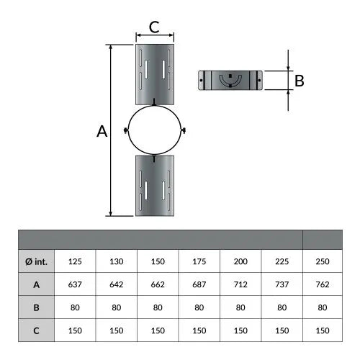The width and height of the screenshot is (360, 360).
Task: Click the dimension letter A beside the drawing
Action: click(x=102, y=131)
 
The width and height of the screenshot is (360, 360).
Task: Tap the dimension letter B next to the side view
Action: click(x=300, y=81)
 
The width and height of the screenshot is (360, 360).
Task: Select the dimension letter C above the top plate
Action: click(x=154, y=27)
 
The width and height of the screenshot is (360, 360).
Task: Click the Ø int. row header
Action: click(x=37, y=261)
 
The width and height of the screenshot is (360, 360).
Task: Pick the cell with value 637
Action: click(x=75, y=284)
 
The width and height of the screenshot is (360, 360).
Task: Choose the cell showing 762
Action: click(x=323, y=284)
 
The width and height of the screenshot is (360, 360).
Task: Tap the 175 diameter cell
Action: click(x=199, y=261)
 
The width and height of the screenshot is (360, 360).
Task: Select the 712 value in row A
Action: click(x=240, y=284)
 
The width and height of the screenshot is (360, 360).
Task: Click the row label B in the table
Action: click(x=37, y=307)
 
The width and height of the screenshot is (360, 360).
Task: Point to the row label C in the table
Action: click(x=37, y=330)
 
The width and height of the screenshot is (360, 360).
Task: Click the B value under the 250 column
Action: click(x=323, y=307)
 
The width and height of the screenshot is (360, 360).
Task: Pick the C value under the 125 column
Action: click(x=75, y=330)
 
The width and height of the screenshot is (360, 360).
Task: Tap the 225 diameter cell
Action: click(x=282, y=261)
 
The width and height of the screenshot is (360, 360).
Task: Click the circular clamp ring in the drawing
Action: click(x=128, y=130)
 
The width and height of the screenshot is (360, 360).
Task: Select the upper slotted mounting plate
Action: click(x=155, y=74)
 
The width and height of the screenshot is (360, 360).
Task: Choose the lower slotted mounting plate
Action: click(x=155, y=186)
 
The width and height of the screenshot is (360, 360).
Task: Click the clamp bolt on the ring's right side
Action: click(x=184, y=130)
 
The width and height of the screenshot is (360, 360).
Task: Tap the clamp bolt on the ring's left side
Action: click(x=126, y=130)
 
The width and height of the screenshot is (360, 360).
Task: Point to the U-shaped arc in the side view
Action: click(x=230, y=84)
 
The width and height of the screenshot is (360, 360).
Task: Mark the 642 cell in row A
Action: click(x=117, y=284)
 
